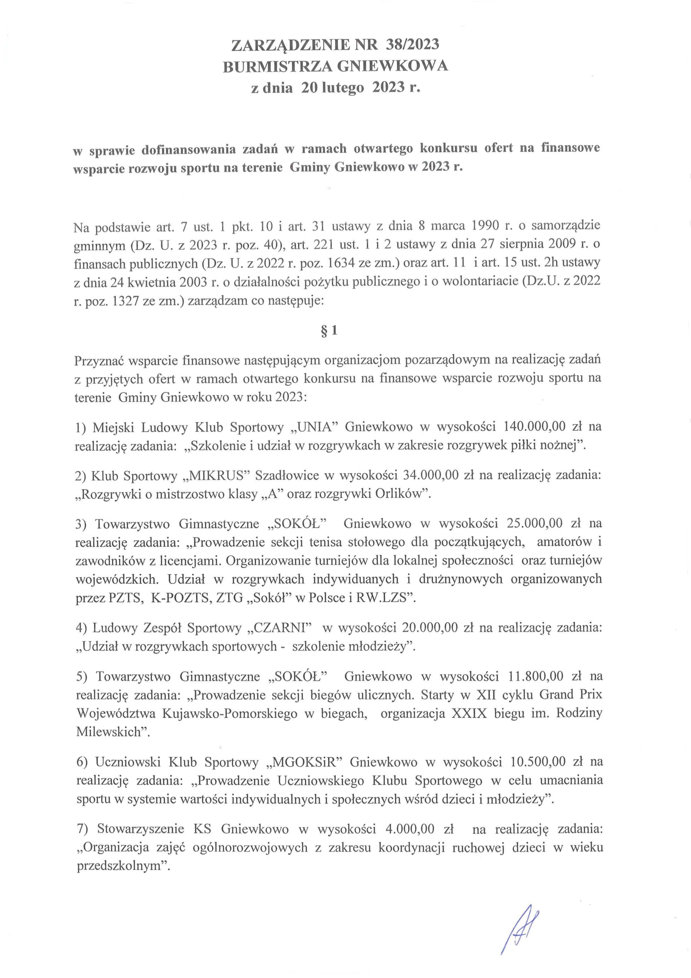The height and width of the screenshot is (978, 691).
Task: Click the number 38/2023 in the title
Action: [x=412, y=44]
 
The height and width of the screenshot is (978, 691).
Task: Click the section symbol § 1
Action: [x=329, y=331]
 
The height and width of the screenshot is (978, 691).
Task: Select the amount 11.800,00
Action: [x=536, y=676]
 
